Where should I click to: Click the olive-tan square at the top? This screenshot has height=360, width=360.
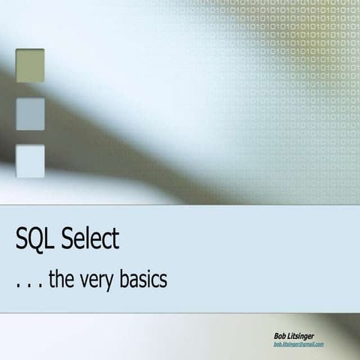pos(30,65)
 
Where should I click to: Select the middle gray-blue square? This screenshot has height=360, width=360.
pos(30,113)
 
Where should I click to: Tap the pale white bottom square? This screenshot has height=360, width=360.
pos(30,160)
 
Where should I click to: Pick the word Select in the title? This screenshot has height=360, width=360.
pos(89,240)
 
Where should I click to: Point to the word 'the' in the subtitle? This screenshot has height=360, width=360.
pos(62,280)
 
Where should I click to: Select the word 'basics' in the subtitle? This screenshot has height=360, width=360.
pos(146,280)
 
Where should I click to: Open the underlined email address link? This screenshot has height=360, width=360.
pos(298,343)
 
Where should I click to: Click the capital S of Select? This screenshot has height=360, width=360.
pos(67,240)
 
